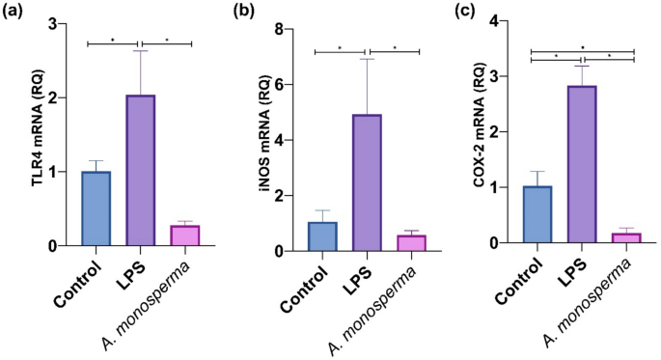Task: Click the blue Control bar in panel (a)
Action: tap(96, 208)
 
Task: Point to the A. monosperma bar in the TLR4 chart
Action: tap(184, 235)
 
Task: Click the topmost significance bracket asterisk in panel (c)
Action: tap(583, 45)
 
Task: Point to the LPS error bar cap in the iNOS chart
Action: tap(367, 59)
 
